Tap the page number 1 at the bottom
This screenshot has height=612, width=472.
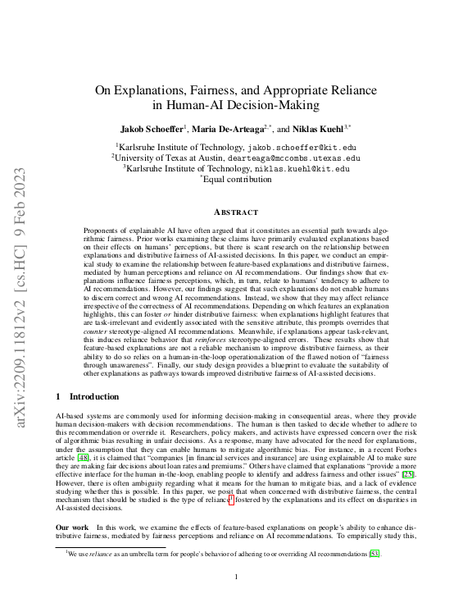point(236,578)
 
